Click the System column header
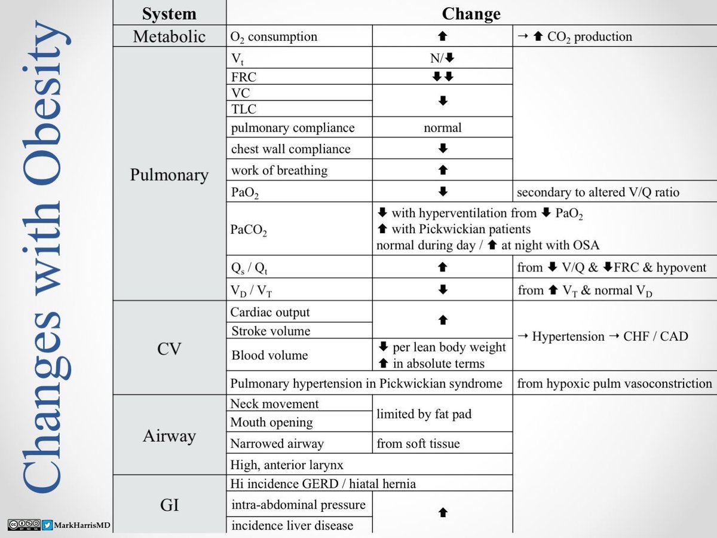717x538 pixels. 170,13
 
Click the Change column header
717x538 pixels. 471,13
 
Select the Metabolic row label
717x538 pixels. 170,36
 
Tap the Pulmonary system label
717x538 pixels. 170,175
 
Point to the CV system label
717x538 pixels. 170,347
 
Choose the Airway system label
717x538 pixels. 170,436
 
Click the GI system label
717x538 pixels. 170,506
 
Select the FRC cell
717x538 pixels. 244,77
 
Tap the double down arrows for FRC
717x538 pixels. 442,77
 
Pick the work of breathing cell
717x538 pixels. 280,170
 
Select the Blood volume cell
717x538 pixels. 269,355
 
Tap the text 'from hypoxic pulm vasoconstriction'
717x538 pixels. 614,383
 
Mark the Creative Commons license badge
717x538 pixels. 24,525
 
